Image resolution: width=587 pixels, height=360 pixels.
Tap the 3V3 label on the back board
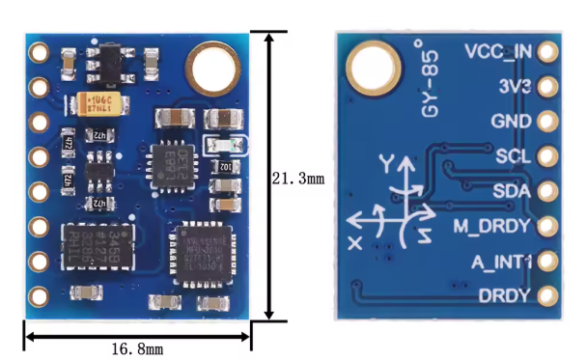click(516, 87)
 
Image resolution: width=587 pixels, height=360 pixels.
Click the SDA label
click(513, 191)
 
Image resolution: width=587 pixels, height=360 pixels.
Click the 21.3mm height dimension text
click(299, 180)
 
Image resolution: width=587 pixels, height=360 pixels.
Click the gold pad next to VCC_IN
click(549, 52)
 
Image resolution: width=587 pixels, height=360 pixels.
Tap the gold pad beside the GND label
click(549, 123)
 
